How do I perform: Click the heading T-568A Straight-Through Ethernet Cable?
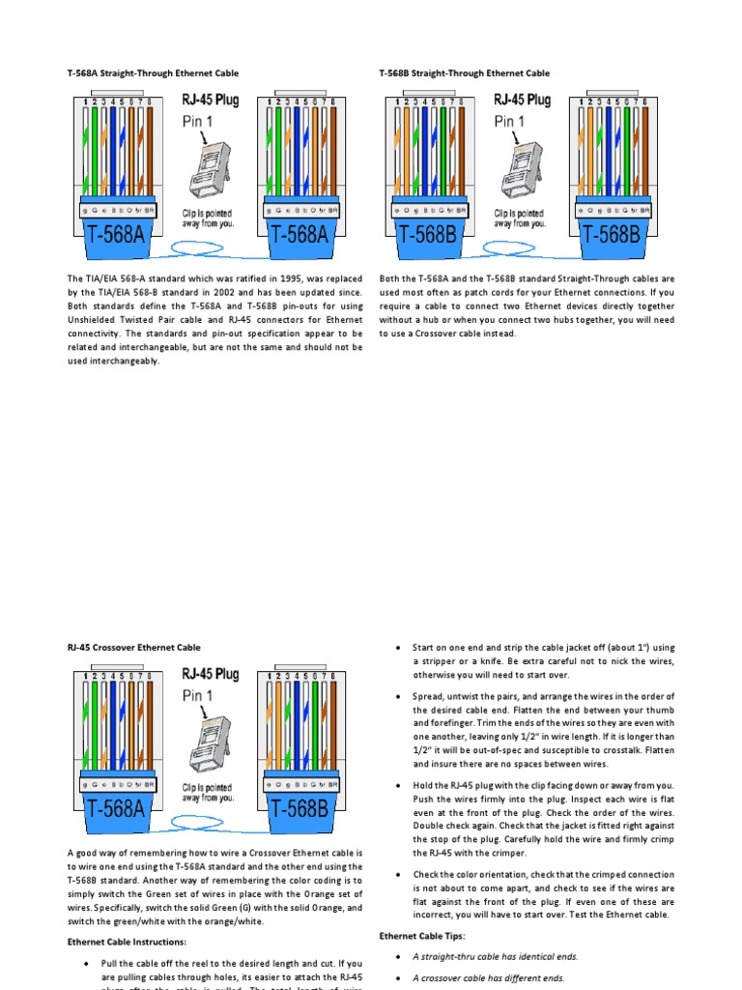153,73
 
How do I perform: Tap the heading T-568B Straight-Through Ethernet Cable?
465,73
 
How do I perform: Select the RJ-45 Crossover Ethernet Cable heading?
134,647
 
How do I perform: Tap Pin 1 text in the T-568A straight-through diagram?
198,121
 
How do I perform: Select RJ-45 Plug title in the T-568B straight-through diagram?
522,100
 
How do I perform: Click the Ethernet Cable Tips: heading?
422,936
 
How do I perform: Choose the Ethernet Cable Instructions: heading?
127,942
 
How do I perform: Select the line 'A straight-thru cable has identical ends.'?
495,956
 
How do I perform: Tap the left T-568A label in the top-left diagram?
115,234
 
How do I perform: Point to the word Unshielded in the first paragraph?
95,319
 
